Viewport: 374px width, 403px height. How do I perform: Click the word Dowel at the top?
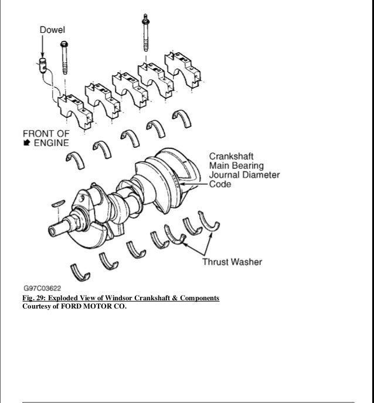click(52, 29)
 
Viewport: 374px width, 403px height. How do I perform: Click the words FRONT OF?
click(46, 133)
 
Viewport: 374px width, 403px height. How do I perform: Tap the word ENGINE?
click(52, 143)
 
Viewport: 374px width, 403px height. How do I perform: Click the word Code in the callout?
click(220, 184)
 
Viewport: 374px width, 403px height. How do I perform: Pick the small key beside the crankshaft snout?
click(57, 204)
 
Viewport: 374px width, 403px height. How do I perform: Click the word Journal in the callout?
click(226, 175)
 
